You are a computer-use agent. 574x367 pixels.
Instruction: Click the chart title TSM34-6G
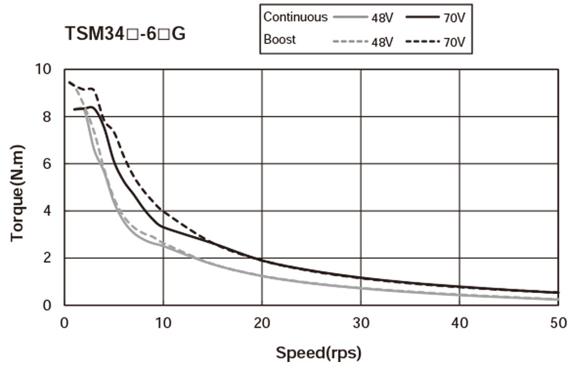[126, 33]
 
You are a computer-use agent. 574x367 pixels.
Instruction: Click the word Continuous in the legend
[296, 17]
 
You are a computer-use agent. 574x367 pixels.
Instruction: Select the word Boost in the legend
[280, 39]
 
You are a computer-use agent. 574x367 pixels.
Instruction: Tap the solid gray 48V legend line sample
[348, 18]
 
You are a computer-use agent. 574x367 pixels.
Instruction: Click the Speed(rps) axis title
[318, 353]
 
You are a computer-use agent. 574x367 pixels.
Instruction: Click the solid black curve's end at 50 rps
[557, 293]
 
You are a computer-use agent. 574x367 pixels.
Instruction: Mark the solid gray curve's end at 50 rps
[557, 300]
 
